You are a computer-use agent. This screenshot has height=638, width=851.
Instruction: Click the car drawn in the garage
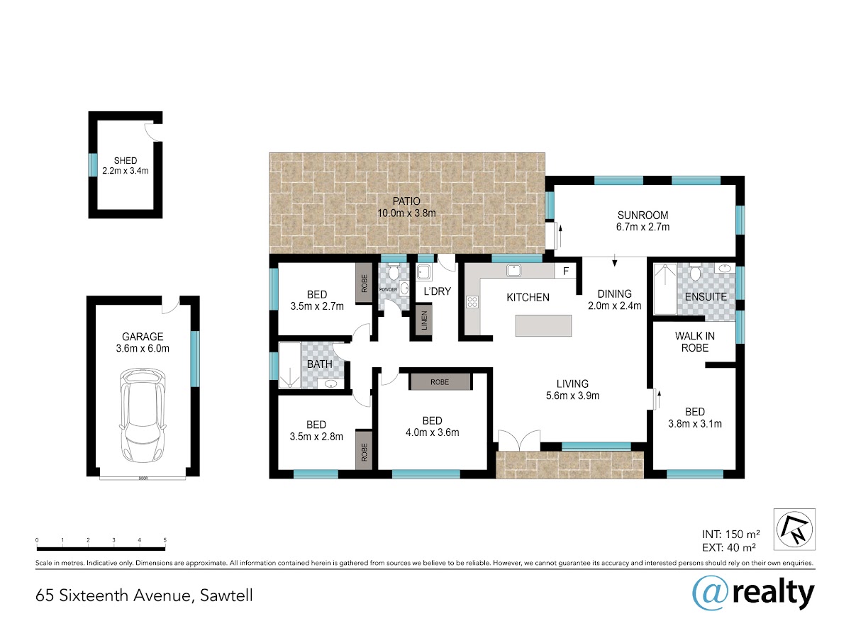pyautogui.click(x=143, y=415)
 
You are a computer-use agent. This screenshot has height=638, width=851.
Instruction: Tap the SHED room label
pyautogui.click(x=126, y=160)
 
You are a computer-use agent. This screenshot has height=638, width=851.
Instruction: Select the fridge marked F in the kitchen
pyautogui.click(x=565, y=272)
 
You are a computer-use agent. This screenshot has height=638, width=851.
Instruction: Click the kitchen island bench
pyautogui.click(x=543, y=325)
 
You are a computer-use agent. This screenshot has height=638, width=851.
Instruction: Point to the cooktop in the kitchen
pyautogui.click(x=472, y=302)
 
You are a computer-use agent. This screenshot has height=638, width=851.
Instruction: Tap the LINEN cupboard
pyautogui.click(x=424, y=320)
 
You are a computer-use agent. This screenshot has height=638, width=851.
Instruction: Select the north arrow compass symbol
pyautogui.click(x=794, y=529)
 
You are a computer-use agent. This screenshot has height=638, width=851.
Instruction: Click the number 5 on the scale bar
pyautogui.click(x=165, y=540)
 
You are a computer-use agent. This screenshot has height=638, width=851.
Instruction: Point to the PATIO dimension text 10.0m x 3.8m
pyautogui.click(x=406, y=213)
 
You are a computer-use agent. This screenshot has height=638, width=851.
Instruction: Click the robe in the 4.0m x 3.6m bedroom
pyautogui.click(x=440, y=382)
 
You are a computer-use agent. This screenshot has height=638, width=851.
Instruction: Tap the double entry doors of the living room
pyautogui.click(x=518, y=440)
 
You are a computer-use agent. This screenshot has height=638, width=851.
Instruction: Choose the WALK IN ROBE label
pyautogui.click(x=695, y=342)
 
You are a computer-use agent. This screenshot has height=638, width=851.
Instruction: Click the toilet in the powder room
pyautogui.click(x=394, y=272)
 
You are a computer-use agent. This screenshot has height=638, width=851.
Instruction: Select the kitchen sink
pyautogui.click(x=513, y=270)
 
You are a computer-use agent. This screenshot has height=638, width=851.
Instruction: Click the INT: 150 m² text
pyautogui.click(x=730, y=535)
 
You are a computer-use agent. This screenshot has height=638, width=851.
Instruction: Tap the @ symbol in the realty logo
pyautogui.click(x=711, y=594)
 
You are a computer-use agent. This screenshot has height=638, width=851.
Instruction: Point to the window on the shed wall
pyautogui.click(x=93, y=165)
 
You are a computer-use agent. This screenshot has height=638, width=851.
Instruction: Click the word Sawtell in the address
pyautogui.click(x=226, y=595)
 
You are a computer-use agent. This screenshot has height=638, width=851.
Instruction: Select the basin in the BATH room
pyautogui.click(x=330, y=384)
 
